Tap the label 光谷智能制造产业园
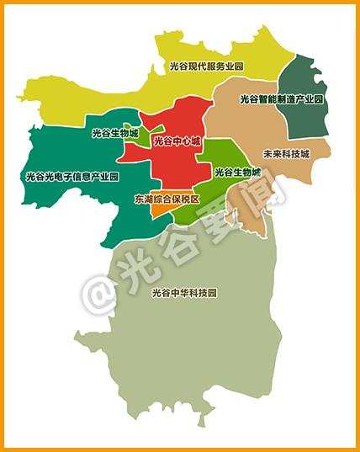281,98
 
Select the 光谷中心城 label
177,141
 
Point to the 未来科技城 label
286,154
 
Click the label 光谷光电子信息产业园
72,177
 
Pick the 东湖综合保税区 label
167,199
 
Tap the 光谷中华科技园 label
184,293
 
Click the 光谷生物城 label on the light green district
237,172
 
